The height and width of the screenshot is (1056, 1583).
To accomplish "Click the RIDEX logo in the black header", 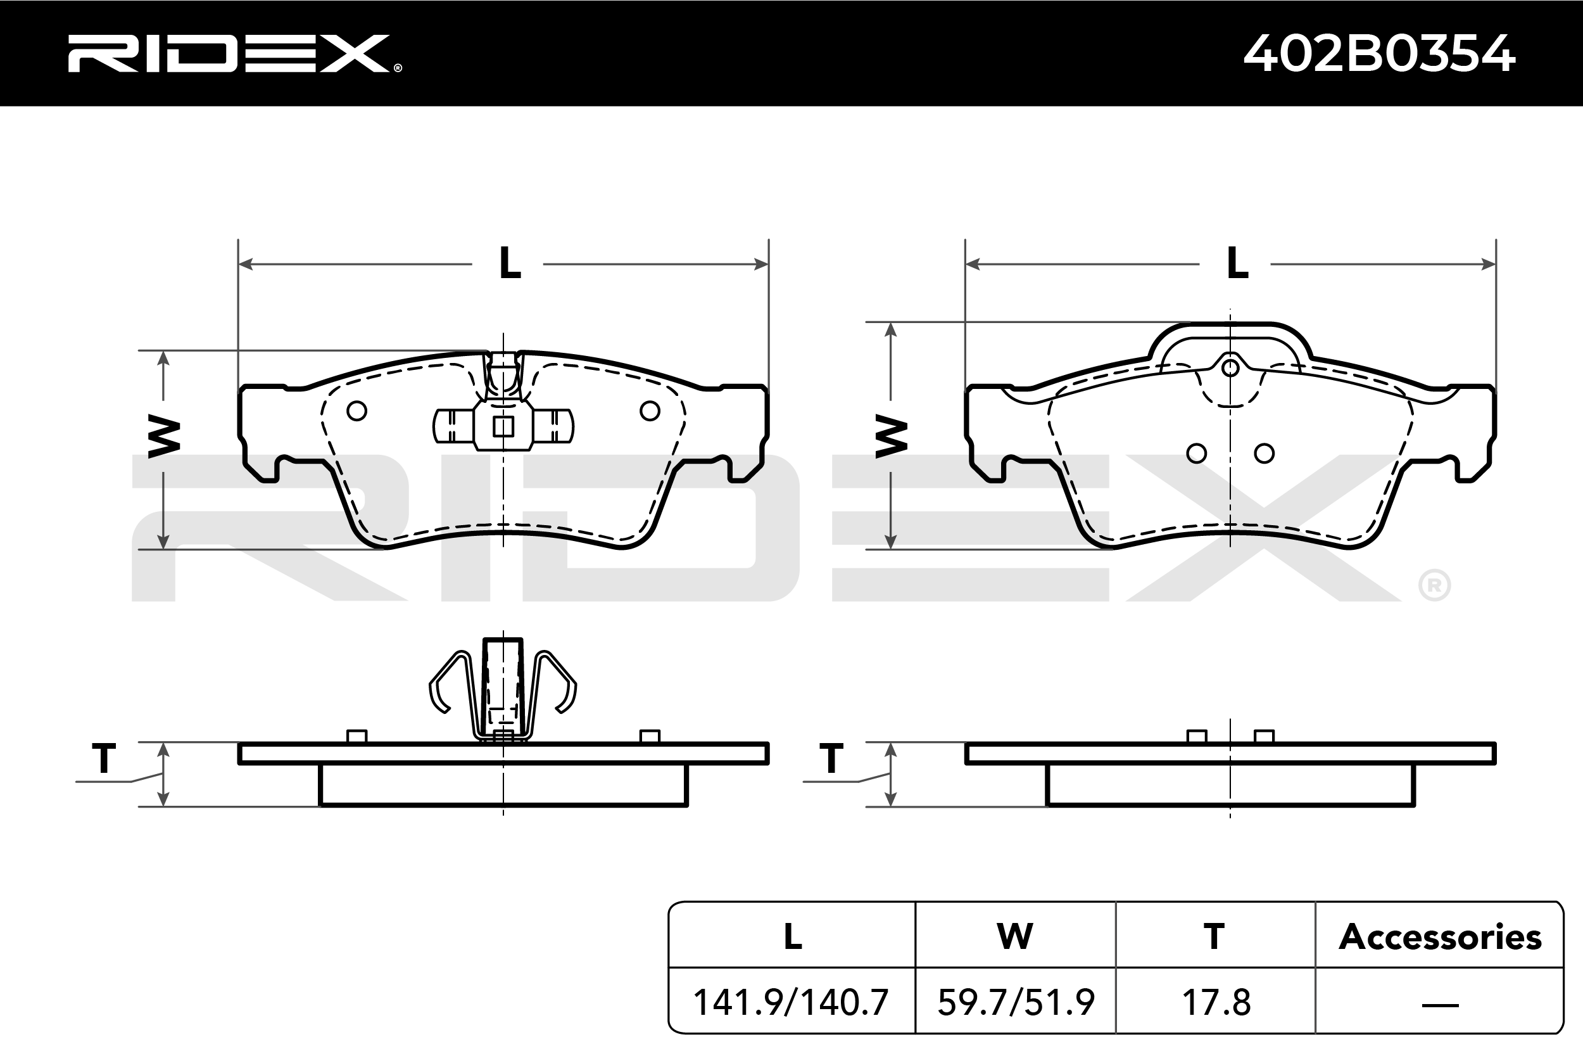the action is [234, 53].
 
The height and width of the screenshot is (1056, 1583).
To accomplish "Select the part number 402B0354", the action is [1379, 53].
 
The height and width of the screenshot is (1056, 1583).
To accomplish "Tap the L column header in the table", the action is [793, 937].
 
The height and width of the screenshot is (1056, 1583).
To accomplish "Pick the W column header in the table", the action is [1015, 937].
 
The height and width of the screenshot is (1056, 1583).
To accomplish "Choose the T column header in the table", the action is [1214, 937].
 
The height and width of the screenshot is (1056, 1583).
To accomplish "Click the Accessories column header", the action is [1441, 937].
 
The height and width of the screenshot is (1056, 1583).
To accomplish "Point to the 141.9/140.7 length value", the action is [791, 1002].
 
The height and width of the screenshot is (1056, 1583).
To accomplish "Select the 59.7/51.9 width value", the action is [1016, 1002].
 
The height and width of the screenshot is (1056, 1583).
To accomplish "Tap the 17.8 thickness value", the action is [1216, 1002].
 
